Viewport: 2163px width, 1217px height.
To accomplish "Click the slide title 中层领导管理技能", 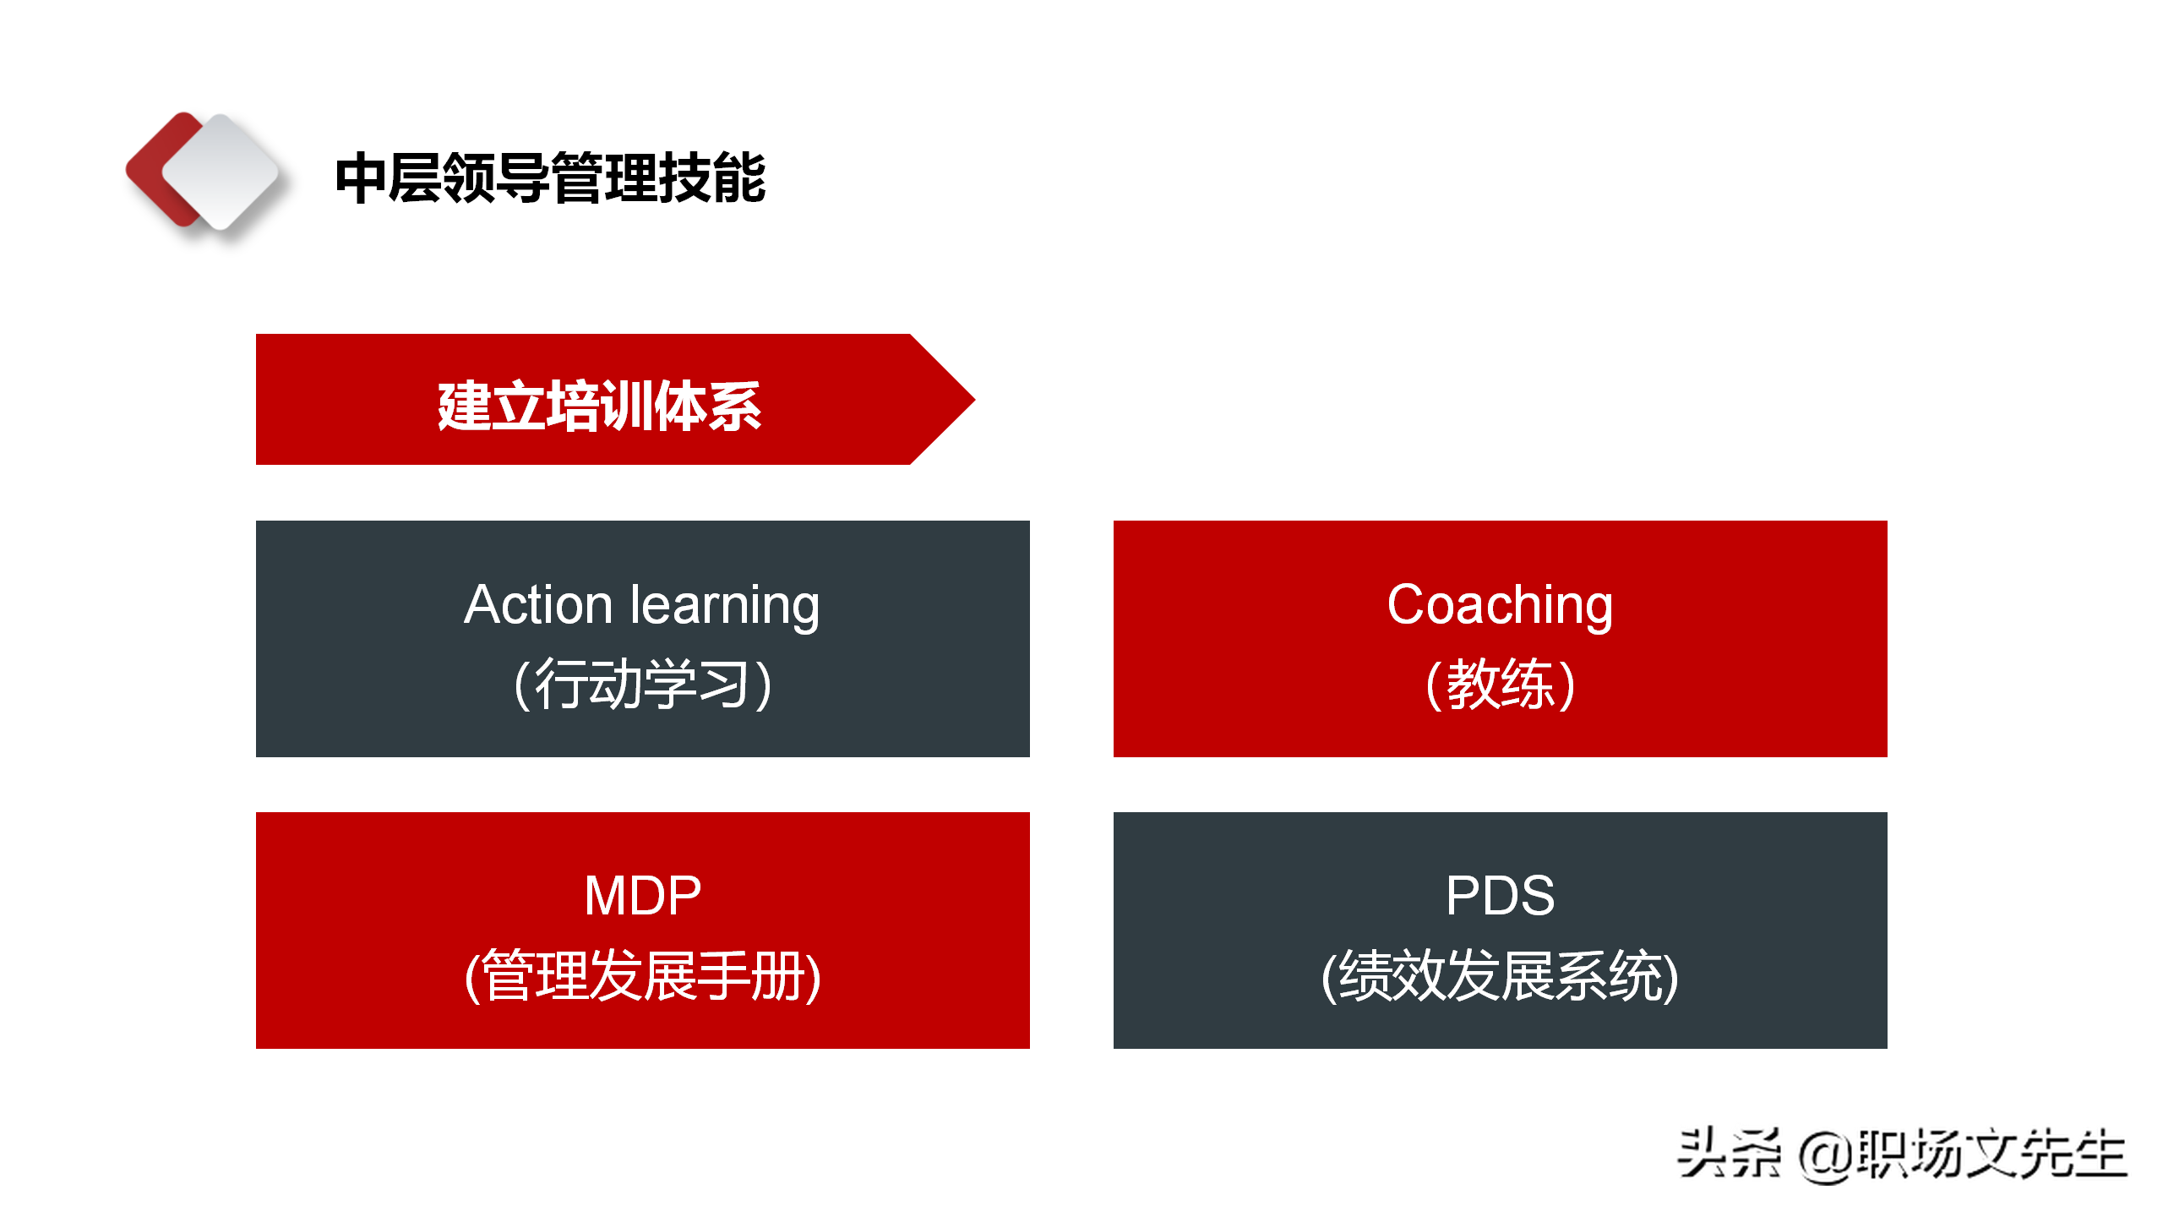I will tap(550, 178).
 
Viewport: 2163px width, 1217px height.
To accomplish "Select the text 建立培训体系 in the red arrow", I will tap(599, 407).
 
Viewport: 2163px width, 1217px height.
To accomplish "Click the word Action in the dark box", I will tap(538, 605).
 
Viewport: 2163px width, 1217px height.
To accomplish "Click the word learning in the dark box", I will tap(725, 607).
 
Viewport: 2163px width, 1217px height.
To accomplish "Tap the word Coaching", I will tap(1500, 605).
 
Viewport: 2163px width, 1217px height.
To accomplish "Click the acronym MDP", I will tap(642, 896).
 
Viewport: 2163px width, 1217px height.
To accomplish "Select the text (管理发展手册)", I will tap(642, 976).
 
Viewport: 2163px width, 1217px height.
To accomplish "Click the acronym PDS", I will tap(1500, 896).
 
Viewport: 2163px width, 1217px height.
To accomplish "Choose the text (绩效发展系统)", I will tap(1500, 976).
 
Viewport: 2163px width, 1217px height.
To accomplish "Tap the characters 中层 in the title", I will tap(388, 178).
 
